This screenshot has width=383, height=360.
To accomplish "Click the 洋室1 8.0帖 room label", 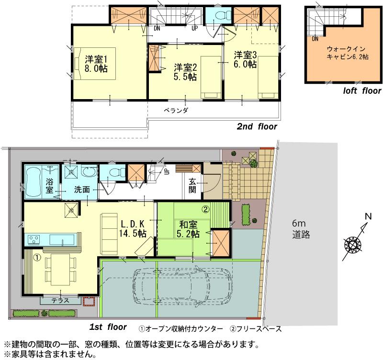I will point(96,64).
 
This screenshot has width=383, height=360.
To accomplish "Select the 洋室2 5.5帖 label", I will point(185,72).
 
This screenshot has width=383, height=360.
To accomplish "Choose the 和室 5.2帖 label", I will point(189,228).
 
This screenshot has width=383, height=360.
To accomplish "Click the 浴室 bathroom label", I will point(50,186).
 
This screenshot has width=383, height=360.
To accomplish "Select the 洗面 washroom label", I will point(81,190).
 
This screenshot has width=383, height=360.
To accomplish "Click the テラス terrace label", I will point(60,301).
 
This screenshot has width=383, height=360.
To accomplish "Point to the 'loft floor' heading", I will point(362,90).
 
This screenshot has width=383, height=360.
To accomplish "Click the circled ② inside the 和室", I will point(205,209).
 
